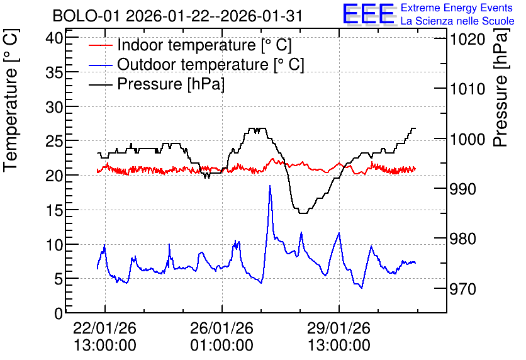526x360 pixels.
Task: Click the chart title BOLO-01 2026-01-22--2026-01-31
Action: coord(177,16)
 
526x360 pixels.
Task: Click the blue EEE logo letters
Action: coord(368,13)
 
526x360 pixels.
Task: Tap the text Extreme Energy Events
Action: coord(457,8)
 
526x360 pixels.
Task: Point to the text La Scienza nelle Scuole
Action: coord(457,21)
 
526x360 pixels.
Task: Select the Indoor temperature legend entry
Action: coord(190,45)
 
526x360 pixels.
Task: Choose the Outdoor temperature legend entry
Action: coord(196,64)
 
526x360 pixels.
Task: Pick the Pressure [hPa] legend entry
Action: coord(156,84)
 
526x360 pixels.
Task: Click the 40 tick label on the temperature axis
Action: coord(54,38)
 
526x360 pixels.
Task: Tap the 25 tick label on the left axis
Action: coord(54,141)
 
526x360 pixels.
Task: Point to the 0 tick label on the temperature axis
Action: coord(59,313)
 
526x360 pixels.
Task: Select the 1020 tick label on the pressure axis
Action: coord(467,40)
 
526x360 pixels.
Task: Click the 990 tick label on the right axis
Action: coord(463,189)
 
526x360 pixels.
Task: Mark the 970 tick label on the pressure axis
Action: coord(463,289)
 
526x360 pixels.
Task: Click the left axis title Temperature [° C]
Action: coord(11,101)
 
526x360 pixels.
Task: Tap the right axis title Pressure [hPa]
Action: coord(500,87)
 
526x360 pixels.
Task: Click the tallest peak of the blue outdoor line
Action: coord(270,186)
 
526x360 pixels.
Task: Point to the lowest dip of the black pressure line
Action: coord(303,213)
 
